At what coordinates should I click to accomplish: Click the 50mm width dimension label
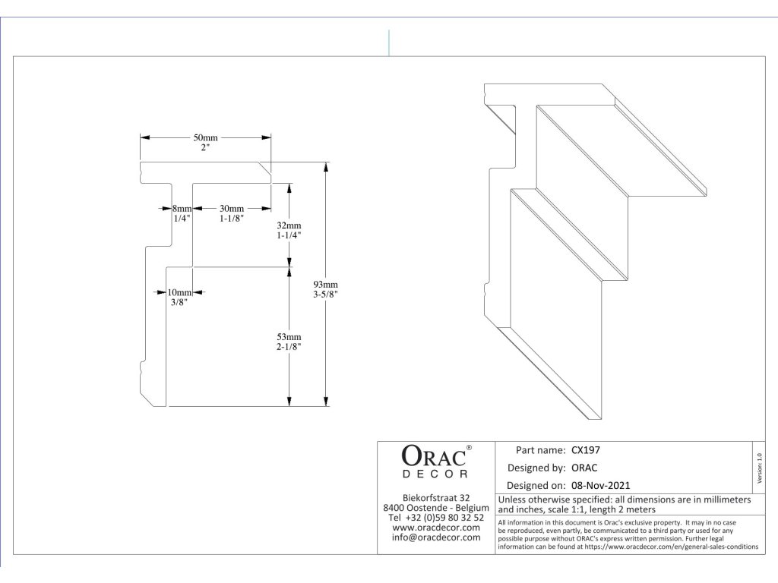pos(205,137)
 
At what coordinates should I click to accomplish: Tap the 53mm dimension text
pos(289,336)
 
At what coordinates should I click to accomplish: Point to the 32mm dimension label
pos(289,225)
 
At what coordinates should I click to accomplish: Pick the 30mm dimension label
pos(232,209)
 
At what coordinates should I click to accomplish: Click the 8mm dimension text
pos(182,209)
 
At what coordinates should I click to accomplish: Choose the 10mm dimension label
pos(180,292)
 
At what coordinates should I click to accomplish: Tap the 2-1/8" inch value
pos(289,346)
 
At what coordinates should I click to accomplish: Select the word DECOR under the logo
pos(435,474)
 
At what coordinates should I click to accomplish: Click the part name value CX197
pos(586,449)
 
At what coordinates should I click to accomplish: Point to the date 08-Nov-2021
pos(600,485)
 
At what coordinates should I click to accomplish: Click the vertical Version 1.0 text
pos(761,467)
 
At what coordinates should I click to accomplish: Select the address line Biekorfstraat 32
pos(436,497)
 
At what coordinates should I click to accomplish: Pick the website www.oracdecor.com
pos(436,527)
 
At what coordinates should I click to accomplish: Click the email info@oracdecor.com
pos(436,537)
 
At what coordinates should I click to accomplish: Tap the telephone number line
pos(436,517)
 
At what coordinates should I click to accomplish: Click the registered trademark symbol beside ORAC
pos(469,448)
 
